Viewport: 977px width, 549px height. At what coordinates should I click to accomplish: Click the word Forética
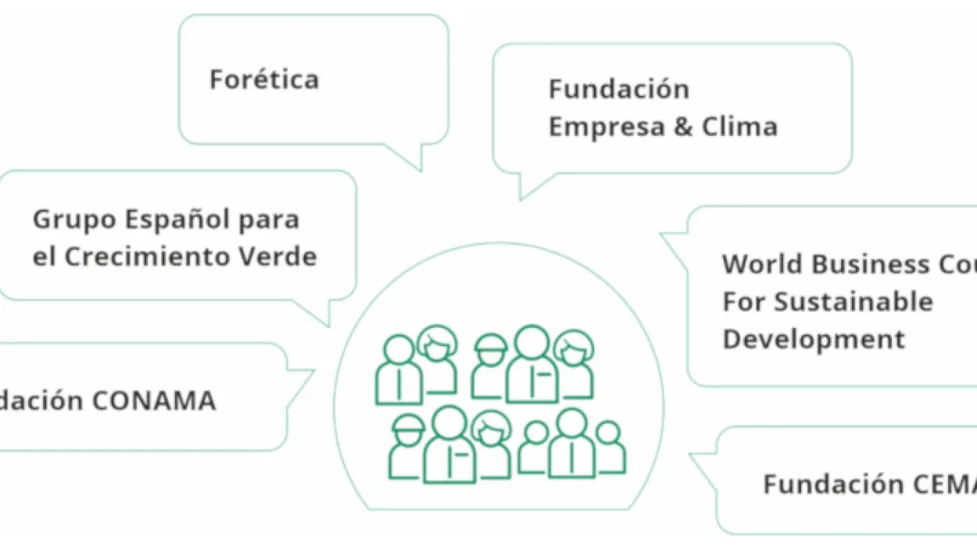pyautogui.click(x=264, y=80)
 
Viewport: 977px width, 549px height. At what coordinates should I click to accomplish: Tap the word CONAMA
pyautogui.click(x=154, y=401)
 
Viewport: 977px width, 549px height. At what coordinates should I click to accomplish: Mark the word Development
pyautogui.click(x=813, y=339)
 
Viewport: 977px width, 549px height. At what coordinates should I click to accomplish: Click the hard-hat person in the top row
pyautogui.click(x=491, y=366)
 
